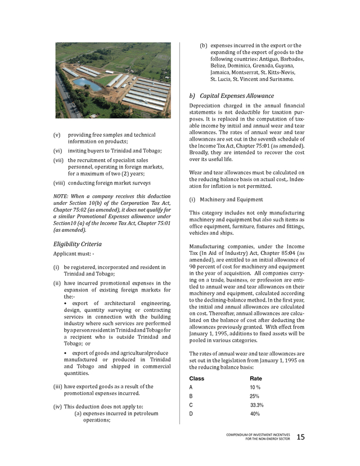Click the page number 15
tap(300, 437)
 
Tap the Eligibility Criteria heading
tap(77, 244)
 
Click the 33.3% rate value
tap(257, 405)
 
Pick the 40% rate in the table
tap(255, 414)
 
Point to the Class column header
tap(197, 378)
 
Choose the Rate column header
tap(256, 378)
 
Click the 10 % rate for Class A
tap(255, 388)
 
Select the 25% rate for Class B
tap(254, 396)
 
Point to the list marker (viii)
tap(59, 183)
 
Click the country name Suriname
tap(280, 79)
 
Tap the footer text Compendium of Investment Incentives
tap(258, 434)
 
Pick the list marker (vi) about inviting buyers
tap(58, 151)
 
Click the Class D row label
tap(191, 414)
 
